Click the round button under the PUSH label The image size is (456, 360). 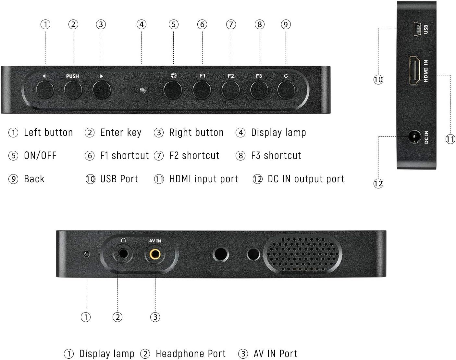coord(73,90)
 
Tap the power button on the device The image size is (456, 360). coord(172,90)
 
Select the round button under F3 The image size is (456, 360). coord(259,90)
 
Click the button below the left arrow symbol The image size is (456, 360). coord(45,90)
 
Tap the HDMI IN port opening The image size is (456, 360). coord(414,71)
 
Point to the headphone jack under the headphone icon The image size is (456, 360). coord(123,253)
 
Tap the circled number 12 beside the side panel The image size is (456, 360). coord(378,184)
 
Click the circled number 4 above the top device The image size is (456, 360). coord(141,24)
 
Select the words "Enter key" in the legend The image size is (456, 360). coord(121,133)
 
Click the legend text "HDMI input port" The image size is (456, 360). coord(203,179)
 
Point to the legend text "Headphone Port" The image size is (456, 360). coord(191,354)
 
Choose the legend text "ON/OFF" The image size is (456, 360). coord(40,156)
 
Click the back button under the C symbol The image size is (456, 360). coord(286,90)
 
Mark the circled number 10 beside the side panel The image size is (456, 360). coord(378,80)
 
